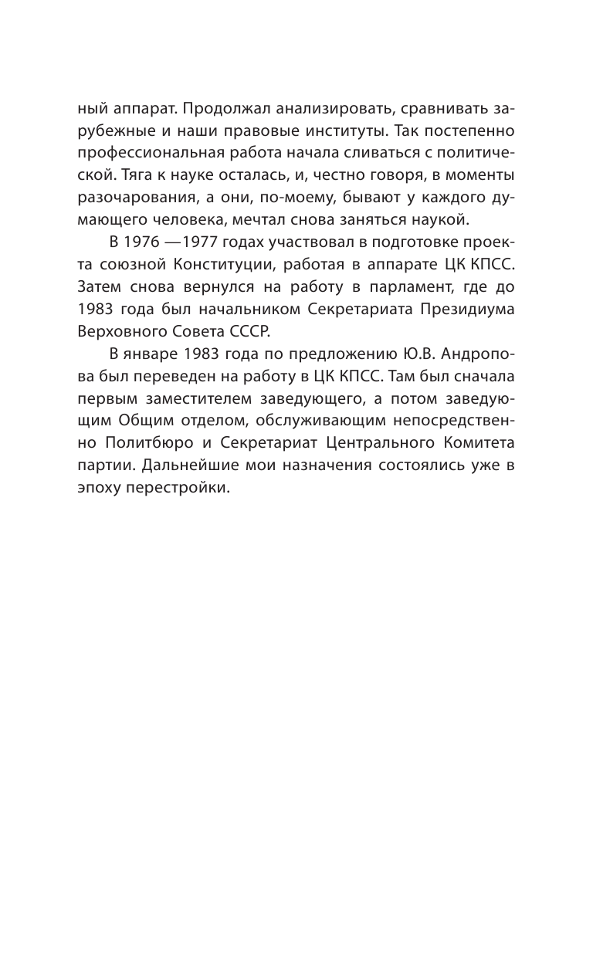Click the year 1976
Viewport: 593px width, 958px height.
pyautogui.click(x=144, y=242)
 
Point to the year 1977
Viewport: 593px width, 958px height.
pyautogui.click(x=202, y=242)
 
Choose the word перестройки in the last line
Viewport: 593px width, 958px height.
pyautogui.click(x=185, y=473)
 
